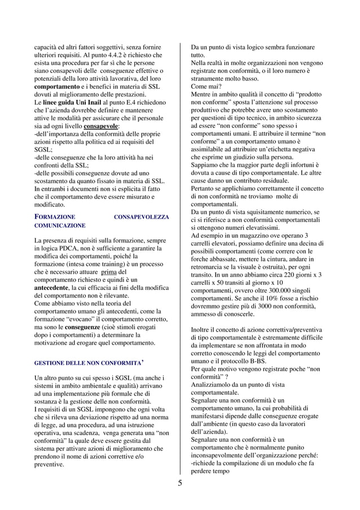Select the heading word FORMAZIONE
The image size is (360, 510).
point(55,217)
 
